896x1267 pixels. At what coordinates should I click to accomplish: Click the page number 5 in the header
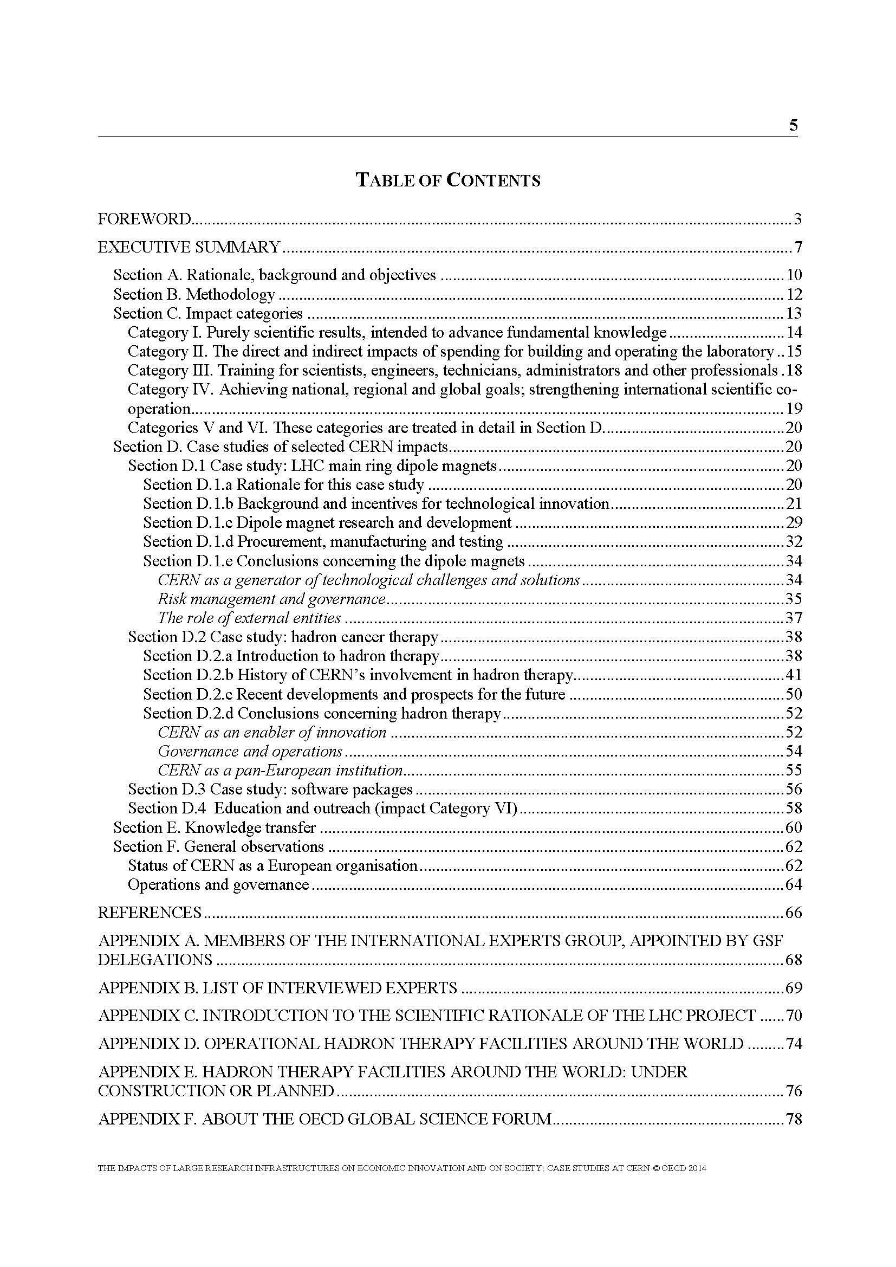pos(793,126)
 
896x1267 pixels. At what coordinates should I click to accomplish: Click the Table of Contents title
pos(448,180)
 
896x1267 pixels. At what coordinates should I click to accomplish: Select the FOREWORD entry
pos(145,219)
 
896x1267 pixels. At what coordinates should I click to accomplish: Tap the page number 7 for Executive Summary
pos(797,247)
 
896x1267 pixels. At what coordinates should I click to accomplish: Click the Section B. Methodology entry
pos(194,294)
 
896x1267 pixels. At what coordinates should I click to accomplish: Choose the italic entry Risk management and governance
pos(271,599)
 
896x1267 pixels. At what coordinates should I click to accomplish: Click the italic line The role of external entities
pos(249,618)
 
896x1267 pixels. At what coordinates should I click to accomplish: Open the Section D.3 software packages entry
pos(270,789)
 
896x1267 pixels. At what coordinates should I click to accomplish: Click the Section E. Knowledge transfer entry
pos(215,827)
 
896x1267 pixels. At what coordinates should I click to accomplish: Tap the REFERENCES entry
pos(150,912)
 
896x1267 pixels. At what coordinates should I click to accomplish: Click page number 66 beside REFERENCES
pos(793,912)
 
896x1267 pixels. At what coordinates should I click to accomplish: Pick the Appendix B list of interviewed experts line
pos(277,988)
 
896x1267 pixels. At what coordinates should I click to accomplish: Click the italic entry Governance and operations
pos(250,751)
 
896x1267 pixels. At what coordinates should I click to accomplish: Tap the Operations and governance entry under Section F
pos(218,884)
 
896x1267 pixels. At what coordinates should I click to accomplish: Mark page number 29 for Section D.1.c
pos(793,522)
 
